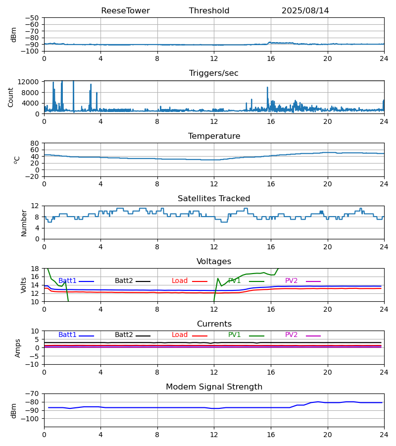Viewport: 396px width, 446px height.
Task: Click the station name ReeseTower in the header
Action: (x=125, y=11)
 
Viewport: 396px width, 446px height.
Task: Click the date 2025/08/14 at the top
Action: (x=305, y=11)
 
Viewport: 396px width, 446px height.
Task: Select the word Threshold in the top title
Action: (x=209, y=11)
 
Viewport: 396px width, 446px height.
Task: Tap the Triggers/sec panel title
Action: (x=214, y=73)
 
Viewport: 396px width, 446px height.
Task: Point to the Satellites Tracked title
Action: (x=214, y=199)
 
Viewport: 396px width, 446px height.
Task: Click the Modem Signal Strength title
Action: (x=214, y=387)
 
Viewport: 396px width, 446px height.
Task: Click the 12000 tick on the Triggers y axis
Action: (x=30, y=82)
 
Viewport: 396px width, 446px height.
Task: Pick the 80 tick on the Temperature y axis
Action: (x=35, y=143)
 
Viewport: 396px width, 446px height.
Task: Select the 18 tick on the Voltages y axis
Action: (x=35, y=269)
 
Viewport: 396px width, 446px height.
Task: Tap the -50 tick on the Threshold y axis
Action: (x=33, y=18)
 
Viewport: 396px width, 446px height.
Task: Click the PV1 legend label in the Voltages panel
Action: (x=235, y=281)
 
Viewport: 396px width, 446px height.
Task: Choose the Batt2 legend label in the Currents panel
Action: (x=124, y=335)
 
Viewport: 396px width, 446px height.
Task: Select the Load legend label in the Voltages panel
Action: (x=180, y=281)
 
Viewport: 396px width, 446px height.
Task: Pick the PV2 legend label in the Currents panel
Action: (x=291, y=335)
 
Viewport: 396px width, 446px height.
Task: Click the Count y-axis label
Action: (x=11, y=97)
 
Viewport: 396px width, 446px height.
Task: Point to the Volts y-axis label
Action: (x=24, y=285)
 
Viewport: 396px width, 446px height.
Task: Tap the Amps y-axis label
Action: (x=18, y=348)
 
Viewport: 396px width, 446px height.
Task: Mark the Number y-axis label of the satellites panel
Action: (x=24, y=223)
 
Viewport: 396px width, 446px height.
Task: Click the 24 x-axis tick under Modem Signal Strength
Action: (x=384, y=435)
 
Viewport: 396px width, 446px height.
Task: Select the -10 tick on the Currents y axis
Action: (x=33, y=364)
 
